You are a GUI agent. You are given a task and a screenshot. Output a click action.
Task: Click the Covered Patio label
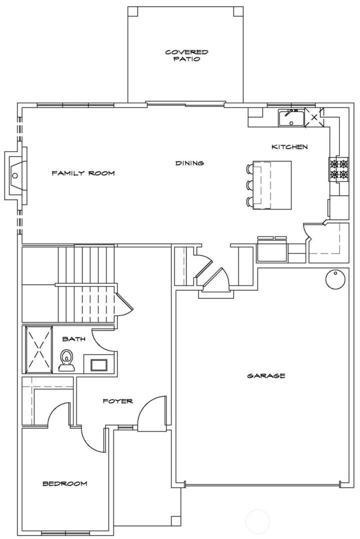pos(186,55)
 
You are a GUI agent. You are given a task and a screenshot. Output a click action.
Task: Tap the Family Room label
pos(83,173)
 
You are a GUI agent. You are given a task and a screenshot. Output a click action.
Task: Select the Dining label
pos(189,163)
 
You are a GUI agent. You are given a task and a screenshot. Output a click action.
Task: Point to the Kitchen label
pos(289,147)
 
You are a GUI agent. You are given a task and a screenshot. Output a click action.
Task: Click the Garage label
pos(266,375)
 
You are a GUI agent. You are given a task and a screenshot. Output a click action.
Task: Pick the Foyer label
pos(117,401)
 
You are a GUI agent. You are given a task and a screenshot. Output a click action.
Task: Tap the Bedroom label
pos(64,483)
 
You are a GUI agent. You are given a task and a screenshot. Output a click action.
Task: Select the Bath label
pos(73,339)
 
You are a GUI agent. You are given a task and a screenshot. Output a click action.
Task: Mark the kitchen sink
pos(291,118)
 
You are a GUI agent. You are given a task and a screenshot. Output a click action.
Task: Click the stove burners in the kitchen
pos(337,169)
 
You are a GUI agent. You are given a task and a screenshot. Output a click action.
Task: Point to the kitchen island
pos(272,184)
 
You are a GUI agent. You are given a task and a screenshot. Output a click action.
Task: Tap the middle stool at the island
pos(250,185)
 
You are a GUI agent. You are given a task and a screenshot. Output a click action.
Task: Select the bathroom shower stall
pos(38,349)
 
